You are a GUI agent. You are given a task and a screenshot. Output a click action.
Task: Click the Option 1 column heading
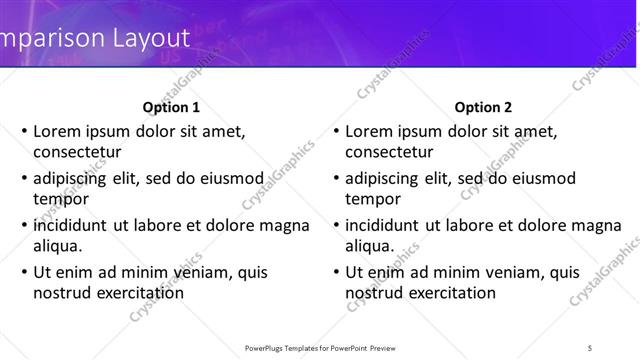pos(171,107)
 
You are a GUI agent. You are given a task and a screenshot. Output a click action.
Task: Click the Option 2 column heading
pos(483,107)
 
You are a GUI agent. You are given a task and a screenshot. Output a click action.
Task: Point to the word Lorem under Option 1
pos(60,131)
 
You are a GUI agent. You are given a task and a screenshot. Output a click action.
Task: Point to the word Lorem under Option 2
pos(372,131)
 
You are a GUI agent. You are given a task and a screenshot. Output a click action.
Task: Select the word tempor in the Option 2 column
pos(372,199)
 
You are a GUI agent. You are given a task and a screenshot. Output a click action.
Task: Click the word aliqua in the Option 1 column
pos(58,246)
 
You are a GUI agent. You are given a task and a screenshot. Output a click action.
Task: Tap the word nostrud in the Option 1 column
pos(63,293)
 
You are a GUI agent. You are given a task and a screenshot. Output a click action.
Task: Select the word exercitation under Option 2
pos(449,293)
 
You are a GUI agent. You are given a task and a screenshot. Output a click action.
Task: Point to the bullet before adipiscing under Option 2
pos(335,179)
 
